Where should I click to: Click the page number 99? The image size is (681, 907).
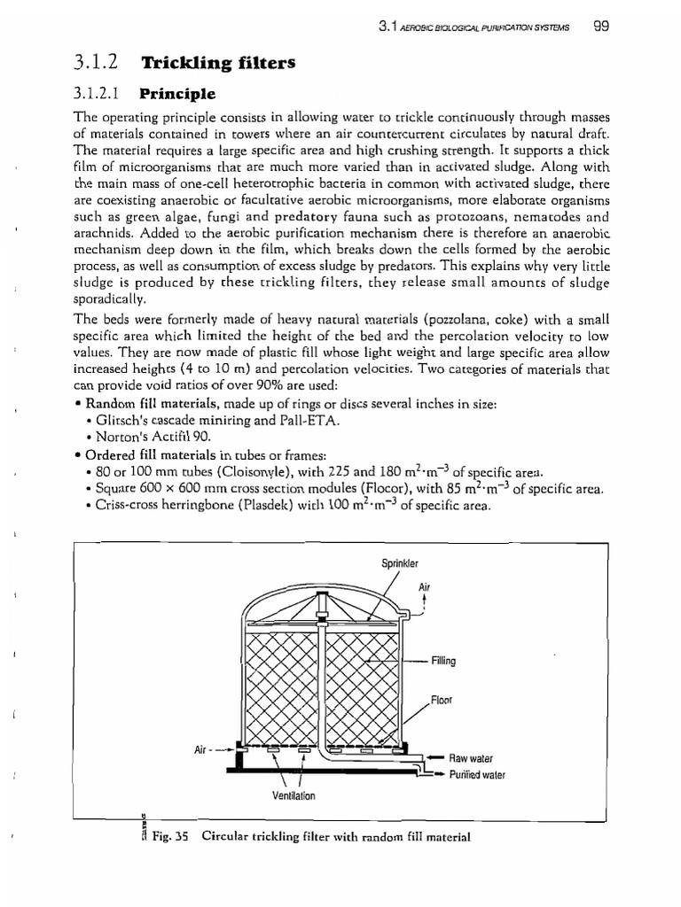coord(600,27)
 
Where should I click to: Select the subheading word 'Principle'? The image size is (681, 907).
coord(177,92)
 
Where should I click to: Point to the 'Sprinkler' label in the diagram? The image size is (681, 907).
coord(399,562)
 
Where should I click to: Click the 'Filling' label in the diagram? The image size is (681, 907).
coord(443,661)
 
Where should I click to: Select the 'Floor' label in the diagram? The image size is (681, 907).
coord(442,700)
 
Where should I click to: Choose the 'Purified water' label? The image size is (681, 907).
coord(476,774)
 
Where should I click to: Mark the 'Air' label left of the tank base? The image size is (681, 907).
coord(200,750)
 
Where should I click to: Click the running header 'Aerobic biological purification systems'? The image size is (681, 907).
coord(488,27)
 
